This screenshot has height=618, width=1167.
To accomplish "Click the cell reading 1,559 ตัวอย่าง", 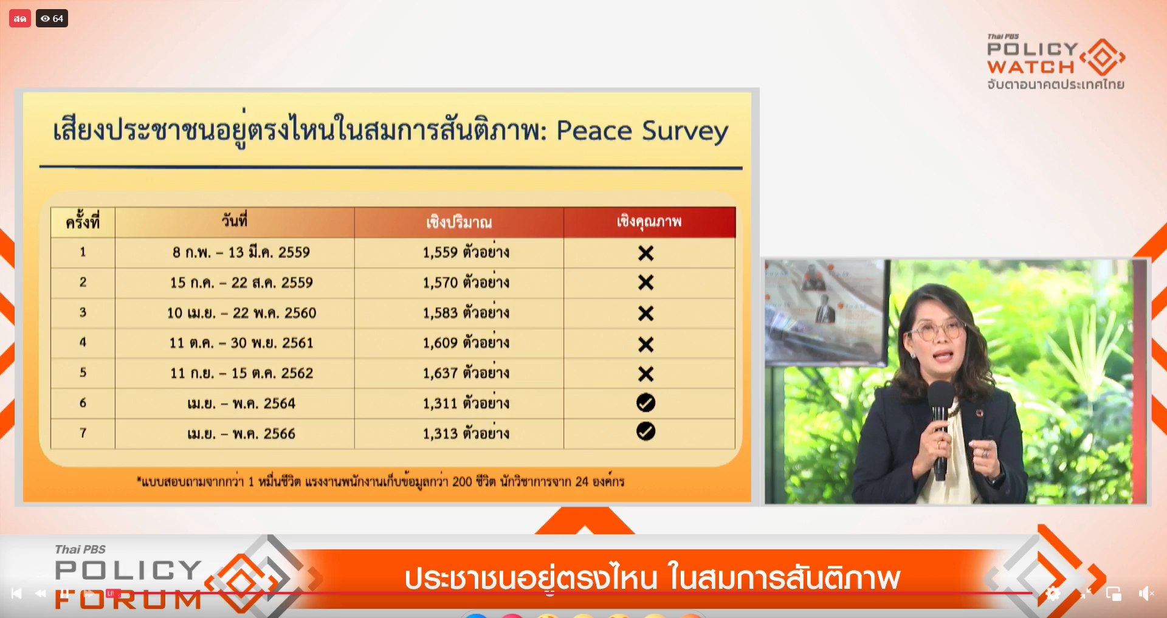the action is click(x=466, y=252).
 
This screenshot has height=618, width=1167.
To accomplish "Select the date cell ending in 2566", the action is click(x=241, y=433).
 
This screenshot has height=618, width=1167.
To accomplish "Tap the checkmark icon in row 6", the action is click(x=645, y=402).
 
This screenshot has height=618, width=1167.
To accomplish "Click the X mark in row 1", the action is click(x=645, y=253).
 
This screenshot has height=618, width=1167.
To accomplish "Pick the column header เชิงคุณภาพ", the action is click(x=649, y=221).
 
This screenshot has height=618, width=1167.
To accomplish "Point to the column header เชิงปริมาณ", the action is click(x=459, y=222).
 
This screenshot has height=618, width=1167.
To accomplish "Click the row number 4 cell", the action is click(x=83, y=342).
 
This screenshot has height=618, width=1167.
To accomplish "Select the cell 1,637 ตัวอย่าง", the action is click(x=466, y=373).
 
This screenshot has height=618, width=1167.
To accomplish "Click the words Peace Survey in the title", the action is click(x=642, y=131).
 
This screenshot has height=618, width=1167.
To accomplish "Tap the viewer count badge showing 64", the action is click(x=52, y=19).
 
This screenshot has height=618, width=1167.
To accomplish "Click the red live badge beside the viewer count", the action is click(x=20, y=19).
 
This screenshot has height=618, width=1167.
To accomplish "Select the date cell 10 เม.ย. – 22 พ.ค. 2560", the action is click(x=241, y=312).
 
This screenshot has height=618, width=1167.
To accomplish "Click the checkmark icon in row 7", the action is click(x=645, y=431).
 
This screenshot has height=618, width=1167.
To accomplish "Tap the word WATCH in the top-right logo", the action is click(x=1031, y=66).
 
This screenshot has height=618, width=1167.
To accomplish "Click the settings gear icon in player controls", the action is click(x=1053, y=594).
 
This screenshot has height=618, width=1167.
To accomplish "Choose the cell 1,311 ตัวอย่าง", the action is click(x=466, y=403).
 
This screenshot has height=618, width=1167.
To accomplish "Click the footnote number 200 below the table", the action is click(x=462, y=481).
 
